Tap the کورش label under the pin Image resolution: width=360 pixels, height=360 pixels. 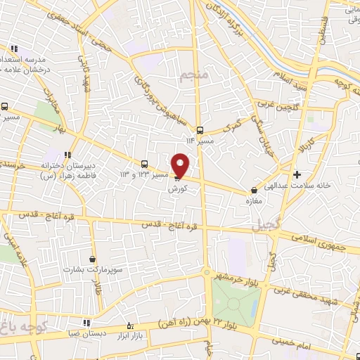(176, 189)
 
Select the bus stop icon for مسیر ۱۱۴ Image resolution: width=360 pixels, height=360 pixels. (200, 130)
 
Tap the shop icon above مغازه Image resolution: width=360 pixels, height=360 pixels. (255, 190)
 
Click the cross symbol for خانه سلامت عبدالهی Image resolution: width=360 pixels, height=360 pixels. (297, 174)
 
